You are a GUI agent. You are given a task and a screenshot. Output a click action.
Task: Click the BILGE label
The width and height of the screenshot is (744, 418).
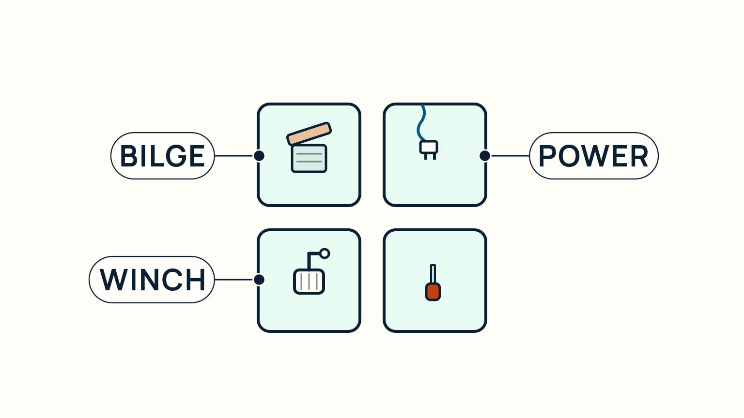coord(162,156)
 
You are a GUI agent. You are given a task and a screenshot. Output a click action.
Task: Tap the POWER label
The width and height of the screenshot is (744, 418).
coord(593,156)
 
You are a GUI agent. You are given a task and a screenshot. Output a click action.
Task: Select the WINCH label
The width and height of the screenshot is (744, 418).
coord(152,280)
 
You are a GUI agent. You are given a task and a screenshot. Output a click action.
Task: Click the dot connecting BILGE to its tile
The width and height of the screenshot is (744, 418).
coord(259,156)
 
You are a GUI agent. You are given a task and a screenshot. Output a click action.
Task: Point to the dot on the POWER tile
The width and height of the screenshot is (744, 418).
coord(485,156)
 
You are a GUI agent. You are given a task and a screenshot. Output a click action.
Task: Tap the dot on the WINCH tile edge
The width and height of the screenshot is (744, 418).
coord(259,280)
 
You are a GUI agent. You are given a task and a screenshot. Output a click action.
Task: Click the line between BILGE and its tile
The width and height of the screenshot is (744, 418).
coord(234,156)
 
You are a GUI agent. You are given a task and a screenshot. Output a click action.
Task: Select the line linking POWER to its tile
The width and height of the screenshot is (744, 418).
coord(510,156)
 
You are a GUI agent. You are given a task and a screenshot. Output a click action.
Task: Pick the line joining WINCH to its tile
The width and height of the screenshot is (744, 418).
coord(234,280)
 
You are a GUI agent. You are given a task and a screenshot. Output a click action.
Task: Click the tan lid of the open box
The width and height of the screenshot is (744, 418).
coord(309,134)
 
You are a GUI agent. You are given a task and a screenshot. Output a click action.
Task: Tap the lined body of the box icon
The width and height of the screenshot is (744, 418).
coord(309,159)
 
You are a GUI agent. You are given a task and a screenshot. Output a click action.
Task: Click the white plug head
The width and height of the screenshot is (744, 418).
coord(429,147)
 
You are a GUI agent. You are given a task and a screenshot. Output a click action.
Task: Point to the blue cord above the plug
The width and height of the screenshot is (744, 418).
coord(420,123)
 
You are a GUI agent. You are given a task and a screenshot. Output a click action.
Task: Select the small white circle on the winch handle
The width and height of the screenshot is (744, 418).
coord(325,254)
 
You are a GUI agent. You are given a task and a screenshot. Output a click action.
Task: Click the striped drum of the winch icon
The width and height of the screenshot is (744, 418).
coord(309,282)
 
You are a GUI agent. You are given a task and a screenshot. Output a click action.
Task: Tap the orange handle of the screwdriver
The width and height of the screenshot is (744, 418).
coord(433,292)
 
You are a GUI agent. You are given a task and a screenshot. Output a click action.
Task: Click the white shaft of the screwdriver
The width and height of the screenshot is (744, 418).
coord(433,274)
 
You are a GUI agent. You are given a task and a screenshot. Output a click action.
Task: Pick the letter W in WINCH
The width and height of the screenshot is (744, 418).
coord(114,280)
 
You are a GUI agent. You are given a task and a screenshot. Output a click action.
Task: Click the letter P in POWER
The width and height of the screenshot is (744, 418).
coord(547,156)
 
